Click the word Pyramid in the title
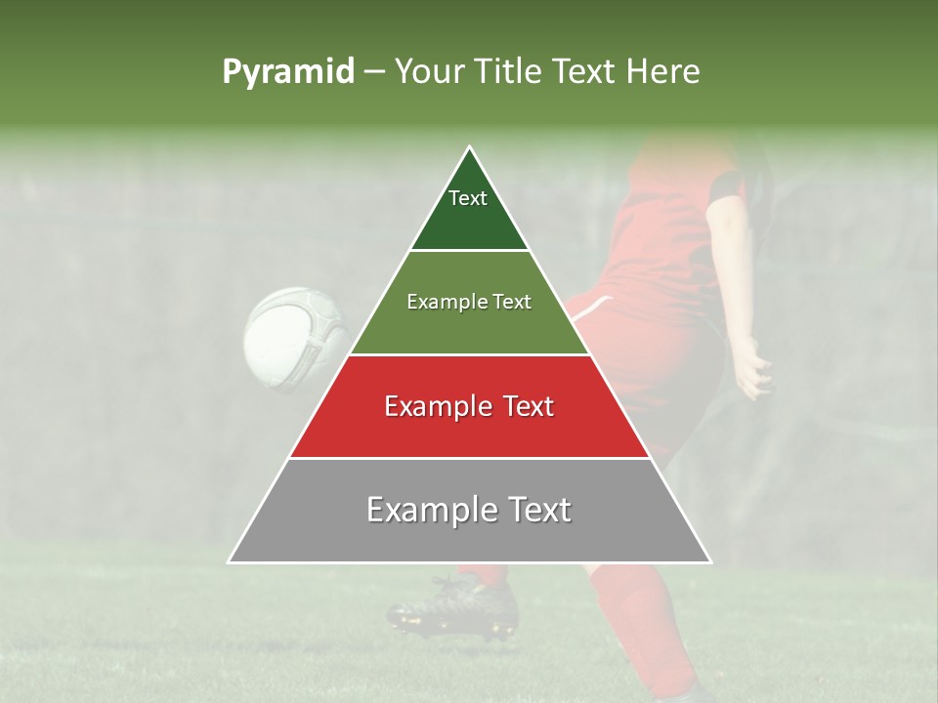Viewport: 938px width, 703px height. coord(287,72)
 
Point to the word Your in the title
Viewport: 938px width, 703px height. coord(426,72)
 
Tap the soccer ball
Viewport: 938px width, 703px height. coord(297,337)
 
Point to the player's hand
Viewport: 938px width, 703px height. coord(752,371)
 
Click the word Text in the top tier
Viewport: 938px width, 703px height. coord(468,198)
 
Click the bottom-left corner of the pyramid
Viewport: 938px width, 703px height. coord(229,562)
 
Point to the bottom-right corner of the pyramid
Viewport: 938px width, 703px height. coord(710,562)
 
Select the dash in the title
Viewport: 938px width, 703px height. coord(374,72)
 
